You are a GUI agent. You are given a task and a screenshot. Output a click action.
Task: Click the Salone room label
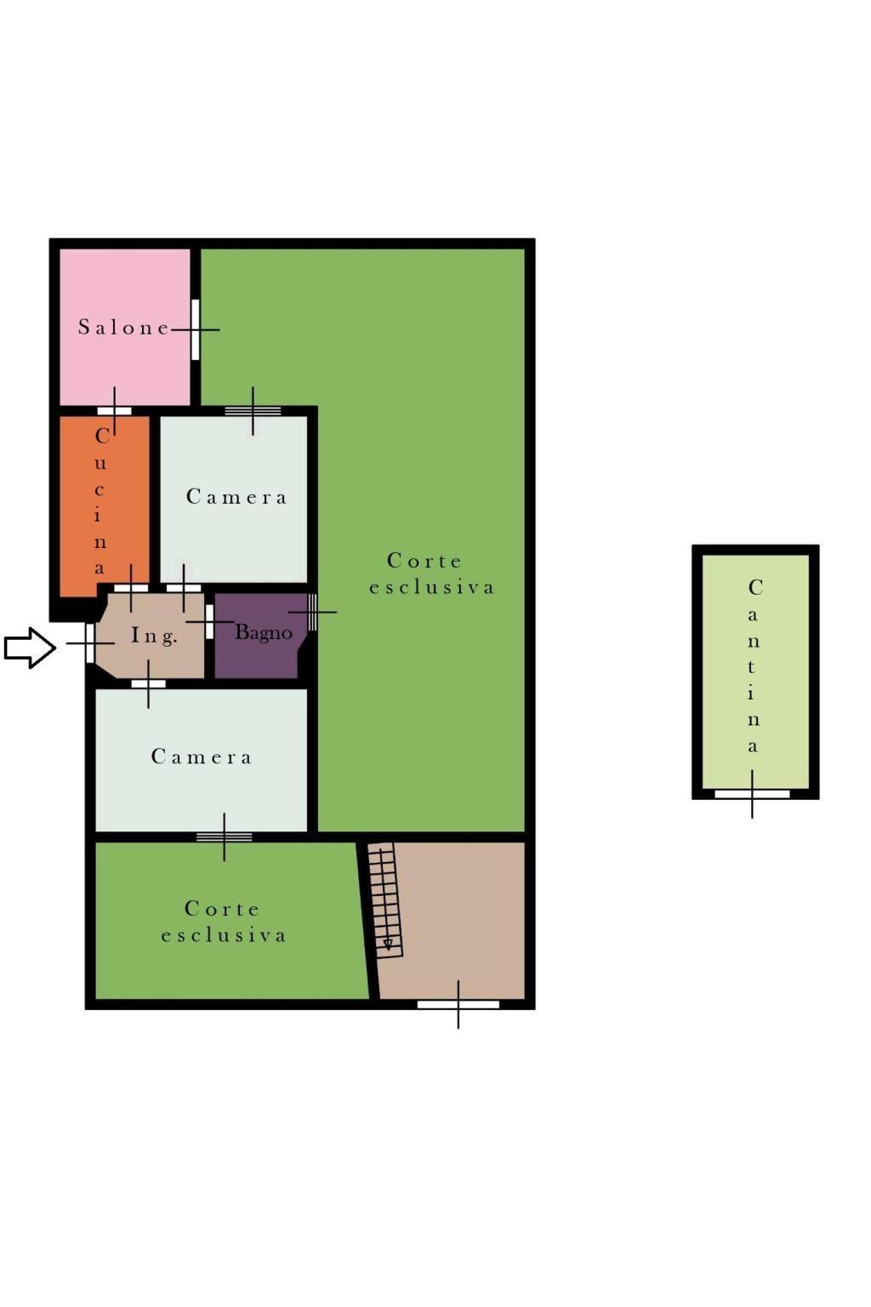pos(123,328)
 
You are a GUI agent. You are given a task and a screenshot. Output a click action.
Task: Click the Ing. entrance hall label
pos(153,636)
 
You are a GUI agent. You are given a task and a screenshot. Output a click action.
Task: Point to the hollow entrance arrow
pos(30,648)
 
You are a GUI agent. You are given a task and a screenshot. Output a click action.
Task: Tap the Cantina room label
pos(754,665)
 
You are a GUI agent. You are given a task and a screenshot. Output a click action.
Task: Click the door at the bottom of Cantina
pos(752,794)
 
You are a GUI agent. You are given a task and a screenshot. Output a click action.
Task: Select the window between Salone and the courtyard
pos(196,329)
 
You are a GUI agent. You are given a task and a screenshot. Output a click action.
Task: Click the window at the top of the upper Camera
pos(253,411)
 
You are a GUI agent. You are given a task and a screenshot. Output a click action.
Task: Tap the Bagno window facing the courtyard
pos(312,612)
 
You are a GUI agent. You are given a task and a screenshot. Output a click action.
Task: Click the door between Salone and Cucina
pos(114,411)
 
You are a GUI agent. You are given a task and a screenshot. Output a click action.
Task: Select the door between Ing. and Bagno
pos(209,622)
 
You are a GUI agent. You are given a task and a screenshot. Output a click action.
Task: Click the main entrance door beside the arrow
pos(90,643)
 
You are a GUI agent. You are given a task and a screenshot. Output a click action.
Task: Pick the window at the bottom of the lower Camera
pos(225,836)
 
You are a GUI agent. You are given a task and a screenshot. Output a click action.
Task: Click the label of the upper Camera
pos(236,497)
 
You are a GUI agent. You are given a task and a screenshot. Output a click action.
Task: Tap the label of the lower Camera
pos(202,756)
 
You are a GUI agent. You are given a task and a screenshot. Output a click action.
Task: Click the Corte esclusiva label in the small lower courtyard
pos(224,922)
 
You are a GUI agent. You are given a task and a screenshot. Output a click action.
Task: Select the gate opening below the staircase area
pos(458,1005)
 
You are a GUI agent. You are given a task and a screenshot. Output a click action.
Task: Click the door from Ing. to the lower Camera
pos(148,684)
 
